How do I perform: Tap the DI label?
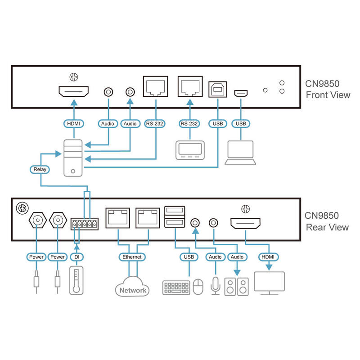tap(76, 257)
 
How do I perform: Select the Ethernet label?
tap(132, 257)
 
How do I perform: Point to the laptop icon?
tap(241, 152)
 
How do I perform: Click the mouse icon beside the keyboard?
tap(198, 287)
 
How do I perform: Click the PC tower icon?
tap(73, 157)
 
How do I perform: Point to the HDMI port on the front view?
tap(73, 93)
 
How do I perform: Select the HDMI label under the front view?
tap(73, 123)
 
